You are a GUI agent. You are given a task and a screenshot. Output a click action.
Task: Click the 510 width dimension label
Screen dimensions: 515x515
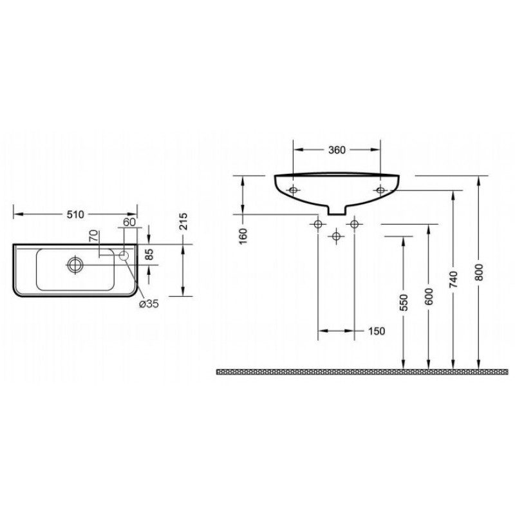[x=75, y=214]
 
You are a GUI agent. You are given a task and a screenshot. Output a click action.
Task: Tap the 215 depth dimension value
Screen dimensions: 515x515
[x=183, y=221]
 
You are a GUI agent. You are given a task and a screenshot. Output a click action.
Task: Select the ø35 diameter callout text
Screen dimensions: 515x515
[x=149, y=304]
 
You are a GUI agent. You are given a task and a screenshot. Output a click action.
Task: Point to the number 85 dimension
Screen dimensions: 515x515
[x=149, y=254]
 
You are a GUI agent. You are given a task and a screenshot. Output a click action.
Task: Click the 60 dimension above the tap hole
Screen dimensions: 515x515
[x=129, y=222]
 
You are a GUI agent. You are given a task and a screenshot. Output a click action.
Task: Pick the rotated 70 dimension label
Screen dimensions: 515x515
[x=94, y=236]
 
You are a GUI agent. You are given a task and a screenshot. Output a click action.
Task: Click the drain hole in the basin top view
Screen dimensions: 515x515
[x=75, y=265]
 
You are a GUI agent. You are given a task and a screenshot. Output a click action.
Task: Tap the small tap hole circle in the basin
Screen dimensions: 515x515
[x=124, y=256]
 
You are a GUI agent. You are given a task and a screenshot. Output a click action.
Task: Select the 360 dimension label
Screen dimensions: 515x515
[x=337, y=150]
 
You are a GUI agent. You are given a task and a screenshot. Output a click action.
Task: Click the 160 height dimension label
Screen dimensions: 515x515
[x=243, y=236]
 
